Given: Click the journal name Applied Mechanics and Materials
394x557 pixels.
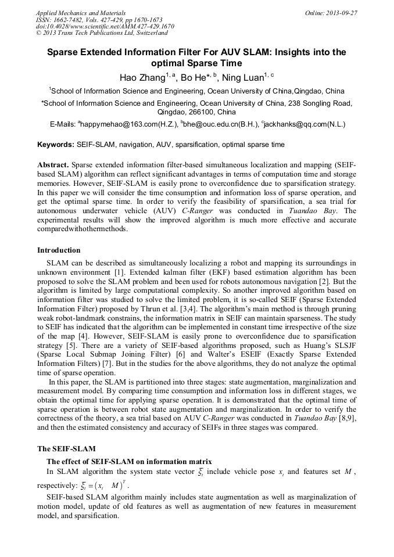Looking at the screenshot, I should [x=81, y=12].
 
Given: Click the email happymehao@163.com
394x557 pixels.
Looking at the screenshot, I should [x=124, y=124].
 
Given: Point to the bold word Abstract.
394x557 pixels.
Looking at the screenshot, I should [x=53, y=165].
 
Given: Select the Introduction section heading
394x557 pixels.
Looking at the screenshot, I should [x=59, y=250].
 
